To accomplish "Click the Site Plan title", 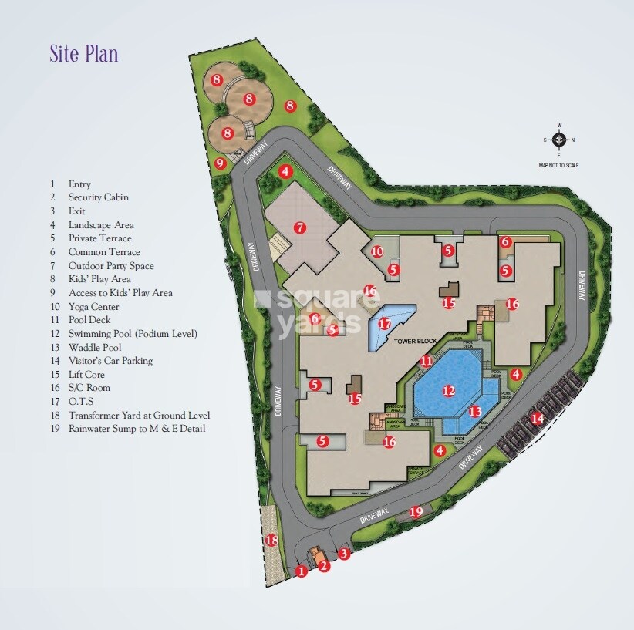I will pyautogui.click(x=84, y=55).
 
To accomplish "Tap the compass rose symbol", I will pyautogui.click(x=560, y=140).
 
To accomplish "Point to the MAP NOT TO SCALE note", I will pyautogui.click(x=559, y=165).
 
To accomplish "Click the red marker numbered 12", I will pyautogui.click(x=449, y=391).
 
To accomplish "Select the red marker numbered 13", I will pyautogui.click(x=475, y=412).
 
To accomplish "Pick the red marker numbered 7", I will pyautogui.click(x=300, y=227).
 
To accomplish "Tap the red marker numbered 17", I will pyautogui.click(x=385, y=324).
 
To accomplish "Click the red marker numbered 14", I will pyautogui.click(x=537, y=419).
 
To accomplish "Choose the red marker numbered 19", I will pyautogui.click(x=416, y=511).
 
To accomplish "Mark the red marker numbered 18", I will pyautogui.click(x=271, y=541).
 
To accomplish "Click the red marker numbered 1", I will pyautogui.click(x=302, y=571).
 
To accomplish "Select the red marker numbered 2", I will pyautogui.click(x=324, y=567).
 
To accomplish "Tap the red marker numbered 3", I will pyautogui.click(x=344, y=553).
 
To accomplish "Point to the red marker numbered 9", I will pyautogui.click(x=220, y=163).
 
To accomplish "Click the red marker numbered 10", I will pyautogui.click(x=377, y=251).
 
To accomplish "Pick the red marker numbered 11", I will pyautogui.click(x=427, y=361).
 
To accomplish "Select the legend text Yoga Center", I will pyautogui.click(x=93, y=306).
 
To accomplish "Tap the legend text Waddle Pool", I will pyautogui.click(x=94, y=347).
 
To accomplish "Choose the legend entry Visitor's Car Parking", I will pyautogui.click(x=110, y=360).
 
